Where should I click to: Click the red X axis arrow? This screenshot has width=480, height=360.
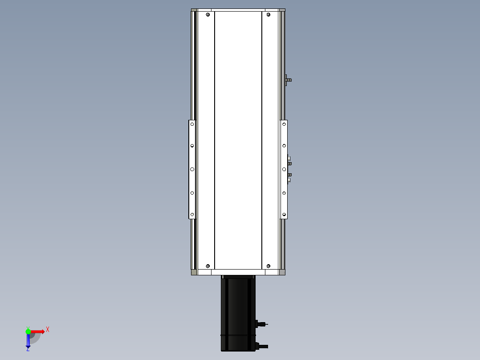[x=38, y=331]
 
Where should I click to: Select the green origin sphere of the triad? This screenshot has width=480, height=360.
[x=28, y=331]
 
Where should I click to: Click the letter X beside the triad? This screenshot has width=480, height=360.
[x=48, y=330]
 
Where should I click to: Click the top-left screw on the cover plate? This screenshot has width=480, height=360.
[x=208, y=15]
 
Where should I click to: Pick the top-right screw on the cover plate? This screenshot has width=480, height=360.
[x=268, y=15]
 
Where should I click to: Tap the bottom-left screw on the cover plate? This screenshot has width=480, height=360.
[x=208, y=266]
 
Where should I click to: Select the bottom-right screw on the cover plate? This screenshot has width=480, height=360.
[x=268, y=266]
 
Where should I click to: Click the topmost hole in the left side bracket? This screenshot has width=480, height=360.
[x=192, y=124]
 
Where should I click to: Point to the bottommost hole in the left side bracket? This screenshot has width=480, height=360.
[x=192, y=215]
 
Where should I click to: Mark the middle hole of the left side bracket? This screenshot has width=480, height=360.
[x=192, y=169]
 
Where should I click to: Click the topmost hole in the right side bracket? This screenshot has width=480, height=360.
[x=284, y=124]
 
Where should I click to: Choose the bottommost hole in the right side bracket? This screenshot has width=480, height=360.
[x=284, y=215]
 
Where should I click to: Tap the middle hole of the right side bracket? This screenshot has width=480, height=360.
[x=284, y=169]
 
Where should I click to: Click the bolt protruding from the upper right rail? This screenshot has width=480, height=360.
[x=289, y=80]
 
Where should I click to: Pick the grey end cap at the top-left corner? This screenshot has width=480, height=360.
[x=194, y=10]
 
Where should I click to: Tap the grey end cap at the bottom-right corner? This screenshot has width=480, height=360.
[x=282, y=272]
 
